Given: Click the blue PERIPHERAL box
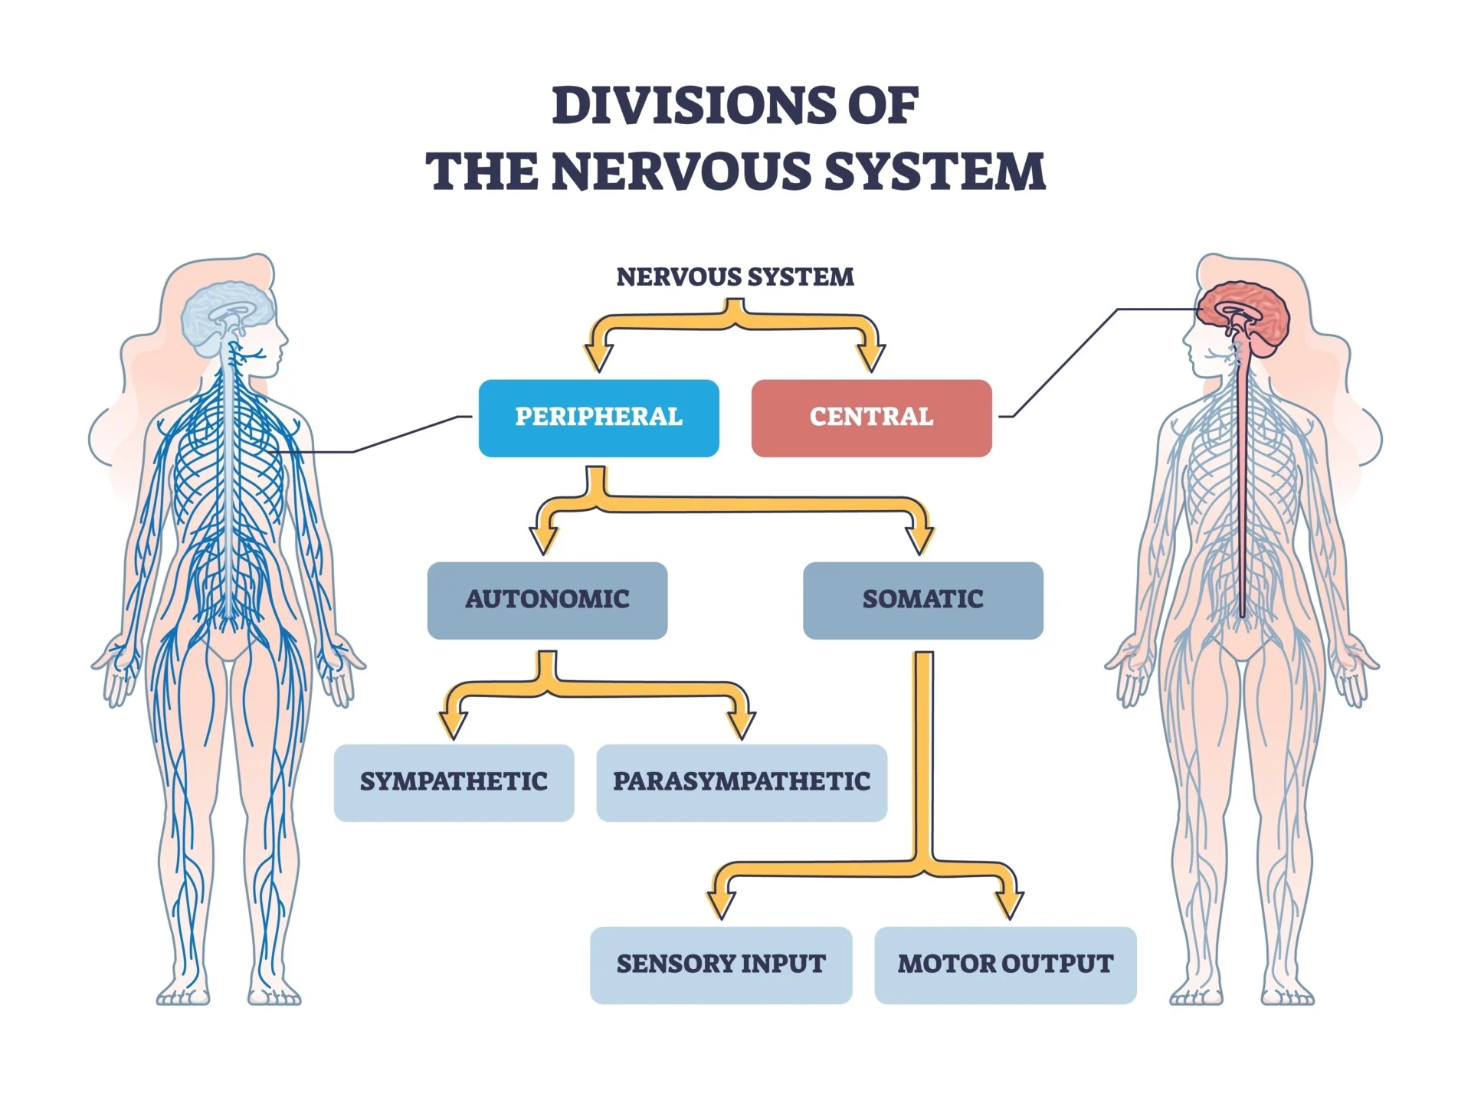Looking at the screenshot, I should pos(598,418).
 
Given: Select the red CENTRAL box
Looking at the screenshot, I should pos(871,418).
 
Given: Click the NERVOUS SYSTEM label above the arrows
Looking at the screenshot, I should pos(735,277).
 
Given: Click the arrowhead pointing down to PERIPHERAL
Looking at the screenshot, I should pos(598,357).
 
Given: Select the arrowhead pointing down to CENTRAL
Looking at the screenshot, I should pos(871,357).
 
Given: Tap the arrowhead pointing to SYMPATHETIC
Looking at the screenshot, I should pos(454,723).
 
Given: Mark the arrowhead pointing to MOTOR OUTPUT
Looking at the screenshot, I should pos(1009,905).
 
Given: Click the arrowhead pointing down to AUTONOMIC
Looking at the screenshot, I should pos(544,540).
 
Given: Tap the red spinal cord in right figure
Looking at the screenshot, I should pos(1242,498).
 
